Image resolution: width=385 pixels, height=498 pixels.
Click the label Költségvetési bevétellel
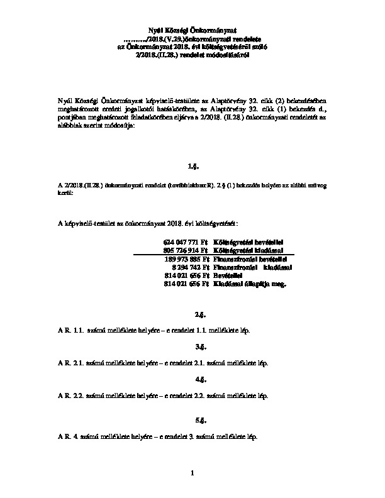[249, 241]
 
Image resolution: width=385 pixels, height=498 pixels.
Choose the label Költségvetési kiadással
[248, 250]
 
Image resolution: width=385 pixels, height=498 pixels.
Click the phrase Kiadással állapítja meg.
[250, 284]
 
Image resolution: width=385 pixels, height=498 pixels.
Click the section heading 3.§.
[193, 346]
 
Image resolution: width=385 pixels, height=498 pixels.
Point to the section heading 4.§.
[193, 380]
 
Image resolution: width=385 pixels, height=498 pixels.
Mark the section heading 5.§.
[193, 419]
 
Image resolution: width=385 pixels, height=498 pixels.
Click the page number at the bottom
[193, 472]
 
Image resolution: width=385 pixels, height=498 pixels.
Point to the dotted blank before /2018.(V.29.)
[135, 38]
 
